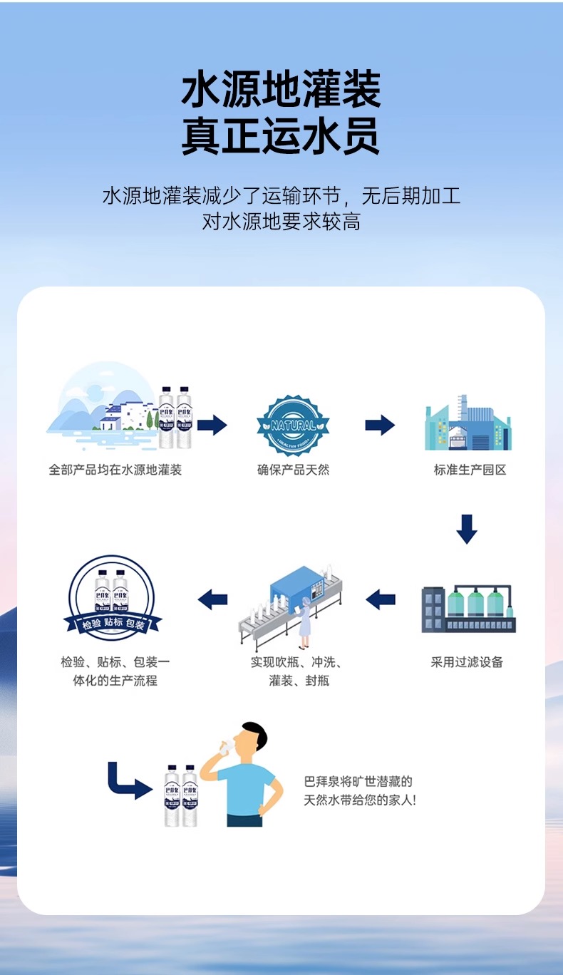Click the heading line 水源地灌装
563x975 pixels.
coord(281,90)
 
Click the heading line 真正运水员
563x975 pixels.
coord(281,137)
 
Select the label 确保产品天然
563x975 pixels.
coord(293,470)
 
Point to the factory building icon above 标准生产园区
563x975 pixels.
coord(468,423)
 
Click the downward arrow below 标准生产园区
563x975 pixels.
coord(467,528)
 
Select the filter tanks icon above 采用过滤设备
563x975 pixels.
coord(468,609)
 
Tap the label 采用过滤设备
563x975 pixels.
coord(467,662)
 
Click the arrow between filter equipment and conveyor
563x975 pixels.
coord(381,599)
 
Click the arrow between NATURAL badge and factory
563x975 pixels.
coord(380,425)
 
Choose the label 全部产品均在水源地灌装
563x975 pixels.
coord(115,470)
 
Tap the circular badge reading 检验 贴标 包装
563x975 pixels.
coord(112,598)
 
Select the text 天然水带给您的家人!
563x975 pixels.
coord(360,800)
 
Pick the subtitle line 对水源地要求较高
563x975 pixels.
coord(281,222)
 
